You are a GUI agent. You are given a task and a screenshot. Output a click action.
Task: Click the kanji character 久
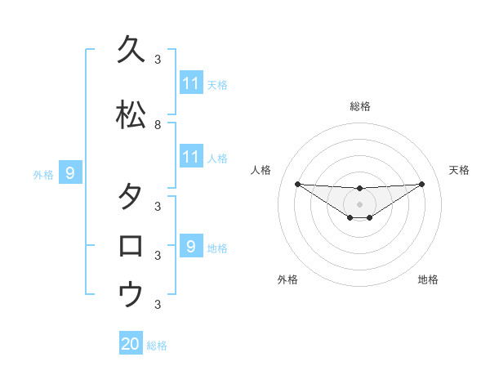[x=131, y=49]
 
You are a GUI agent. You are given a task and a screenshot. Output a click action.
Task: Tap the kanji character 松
[x=131, y=115]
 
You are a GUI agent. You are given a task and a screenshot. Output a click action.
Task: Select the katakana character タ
[x=131, y=197]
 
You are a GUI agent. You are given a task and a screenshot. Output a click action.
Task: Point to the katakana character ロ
[x=131, y=246]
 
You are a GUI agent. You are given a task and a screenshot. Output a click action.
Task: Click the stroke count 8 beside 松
[x=158, y=125]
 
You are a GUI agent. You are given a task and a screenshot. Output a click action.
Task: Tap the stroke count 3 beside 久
[x=158, y=60]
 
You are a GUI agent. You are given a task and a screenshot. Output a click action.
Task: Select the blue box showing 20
[x=131, y=344]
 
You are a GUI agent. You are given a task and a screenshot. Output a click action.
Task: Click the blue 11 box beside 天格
[x=190, y=83]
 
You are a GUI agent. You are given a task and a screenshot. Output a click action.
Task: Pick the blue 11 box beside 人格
[x=190, y=157]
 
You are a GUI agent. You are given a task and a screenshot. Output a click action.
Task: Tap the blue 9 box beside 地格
[x=190, y=246]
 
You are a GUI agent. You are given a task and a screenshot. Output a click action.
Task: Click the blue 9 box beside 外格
[x=70, y=173]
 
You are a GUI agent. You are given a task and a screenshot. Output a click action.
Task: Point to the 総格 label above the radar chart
[x=359, y=106]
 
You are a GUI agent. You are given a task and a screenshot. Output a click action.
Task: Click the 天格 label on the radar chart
[x=459, y=170]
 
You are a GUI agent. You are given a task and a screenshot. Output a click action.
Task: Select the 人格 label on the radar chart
[x=261, y=170]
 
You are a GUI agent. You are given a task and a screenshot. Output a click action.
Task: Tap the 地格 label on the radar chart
[x=428, y=279]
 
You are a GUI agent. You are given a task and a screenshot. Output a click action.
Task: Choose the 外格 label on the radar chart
[x=287, y=279]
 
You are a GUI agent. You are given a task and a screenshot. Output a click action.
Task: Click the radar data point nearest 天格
[x=422, y=184]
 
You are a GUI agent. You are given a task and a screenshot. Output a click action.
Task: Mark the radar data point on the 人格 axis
[x=297, y=184]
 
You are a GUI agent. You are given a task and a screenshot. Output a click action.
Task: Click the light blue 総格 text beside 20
[x=157, y=346]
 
